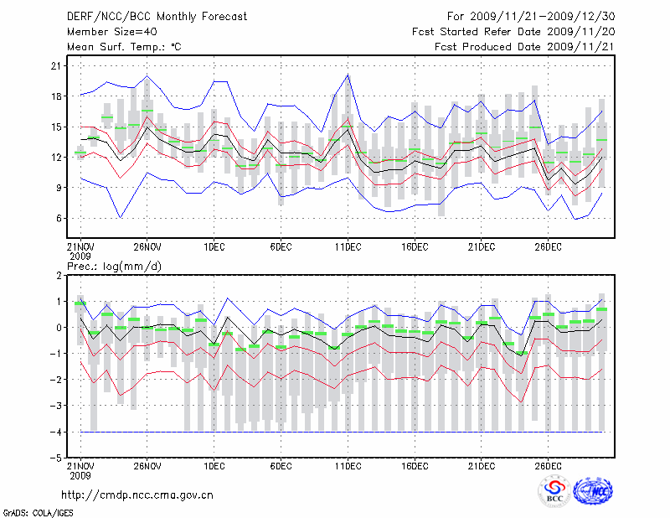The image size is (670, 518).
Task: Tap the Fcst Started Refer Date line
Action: pyautogui.click(x=513, y=32)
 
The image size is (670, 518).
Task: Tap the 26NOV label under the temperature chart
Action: pyautogui.click(x=147, y=246)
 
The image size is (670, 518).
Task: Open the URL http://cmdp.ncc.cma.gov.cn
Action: pyautogui.click(x=138, y=495)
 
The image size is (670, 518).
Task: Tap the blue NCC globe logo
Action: pyautogui.click(x=593, y=492)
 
